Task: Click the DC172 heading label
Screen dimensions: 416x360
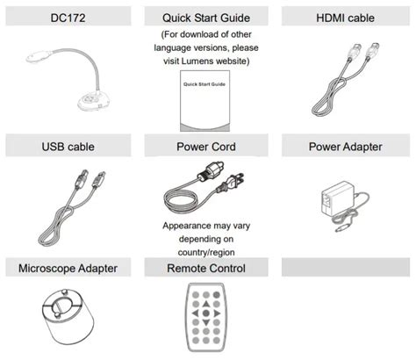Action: [68, 18]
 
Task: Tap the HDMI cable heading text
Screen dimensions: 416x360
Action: [345, 18]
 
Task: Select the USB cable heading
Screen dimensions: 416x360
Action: [68, 147]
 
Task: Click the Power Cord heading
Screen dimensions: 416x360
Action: [206, 147]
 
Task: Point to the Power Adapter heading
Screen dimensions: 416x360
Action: [345, 147]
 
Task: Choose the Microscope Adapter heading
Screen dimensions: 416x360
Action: [68, 268]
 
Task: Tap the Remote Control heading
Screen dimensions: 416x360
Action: [206, 268]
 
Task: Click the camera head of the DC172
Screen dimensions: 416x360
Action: [39, 55]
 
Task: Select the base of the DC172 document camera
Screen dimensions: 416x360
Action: [93, 100]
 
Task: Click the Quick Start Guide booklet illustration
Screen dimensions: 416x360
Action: [204, 101]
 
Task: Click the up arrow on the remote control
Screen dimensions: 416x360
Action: [206, 305]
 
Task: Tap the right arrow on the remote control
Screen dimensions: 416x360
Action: [217, 313]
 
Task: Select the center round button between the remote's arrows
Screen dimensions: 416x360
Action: [206, 313]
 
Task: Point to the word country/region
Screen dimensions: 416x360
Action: [206, 252]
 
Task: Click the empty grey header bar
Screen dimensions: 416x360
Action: [346, 267]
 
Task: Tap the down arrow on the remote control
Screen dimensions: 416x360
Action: [206, 322]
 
